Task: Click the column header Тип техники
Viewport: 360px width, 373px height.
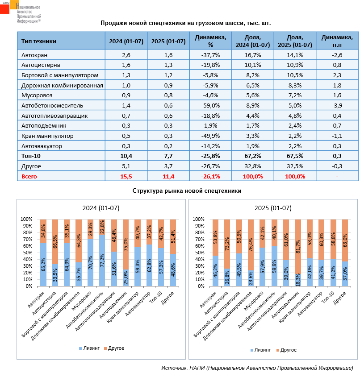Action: [x=39, y=41]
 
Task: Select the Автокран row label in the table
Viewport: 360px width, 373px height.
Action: [x=33, y=55]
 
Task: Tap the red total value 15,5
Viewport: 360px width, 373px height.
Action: [x=126, y=177]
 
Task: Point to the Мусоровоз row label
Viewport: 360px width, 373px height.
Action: [x=36, y=95]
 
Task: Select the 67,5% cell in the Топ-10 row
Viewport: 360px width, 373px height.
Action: [x=294, y=156]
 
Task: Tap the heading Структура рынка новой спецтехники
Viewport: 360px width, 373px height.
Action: [x=187, y=191]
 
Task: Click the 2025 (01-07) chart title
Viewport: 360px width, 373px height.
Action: [x=273, y=208]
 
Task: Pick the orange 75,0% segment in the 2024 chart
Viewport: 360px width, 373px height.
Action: [x=126, y=245]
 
